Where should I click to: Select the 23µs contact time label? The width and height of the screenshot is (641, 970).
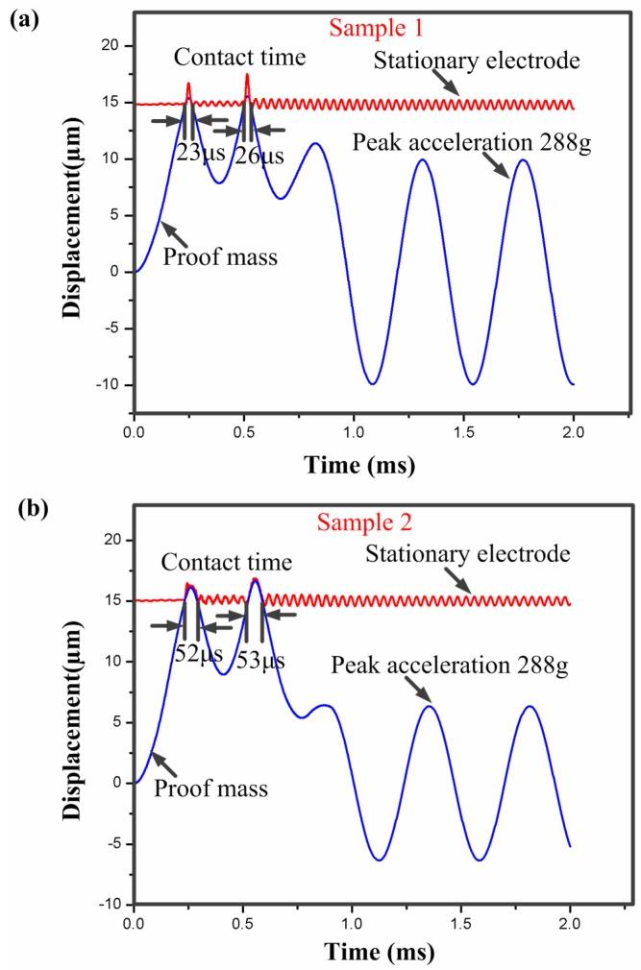click(196, 151)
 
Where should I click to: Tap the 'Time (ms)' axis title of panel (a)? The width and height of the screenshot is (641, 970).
click(359, 467)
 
